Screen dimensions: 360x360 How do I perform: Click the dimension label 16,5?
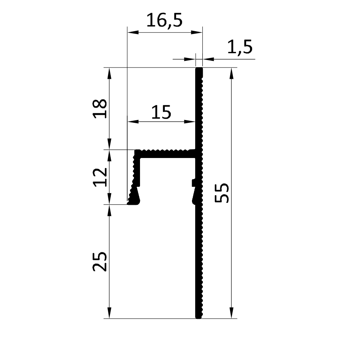click(x=164, y=20)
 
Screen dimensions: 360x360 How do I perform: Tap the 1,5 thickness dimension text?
click(x=240, y=47)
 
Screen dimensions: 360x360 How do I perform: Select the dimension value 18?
click(x=100, y=108)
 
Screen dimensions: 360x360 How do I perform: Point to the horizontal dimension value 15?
click(x=162, y=112)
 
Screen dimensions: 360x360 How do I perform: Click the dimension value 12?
click(x=100, y=177)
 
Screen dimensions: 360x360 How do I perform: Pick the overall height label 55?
click(x=222, y=193)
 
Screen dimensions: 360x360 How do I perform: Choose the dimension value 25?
click(x=100, y=262)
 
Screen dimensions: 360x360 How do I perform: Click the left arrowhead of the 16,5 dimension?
click(x=133, y=32)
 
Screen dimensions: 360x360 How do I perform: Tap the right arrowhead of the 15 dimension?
click(x=190, y=122)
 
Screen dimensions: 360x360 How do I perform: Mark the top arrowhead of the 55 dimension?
click(x=232, y=74)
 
